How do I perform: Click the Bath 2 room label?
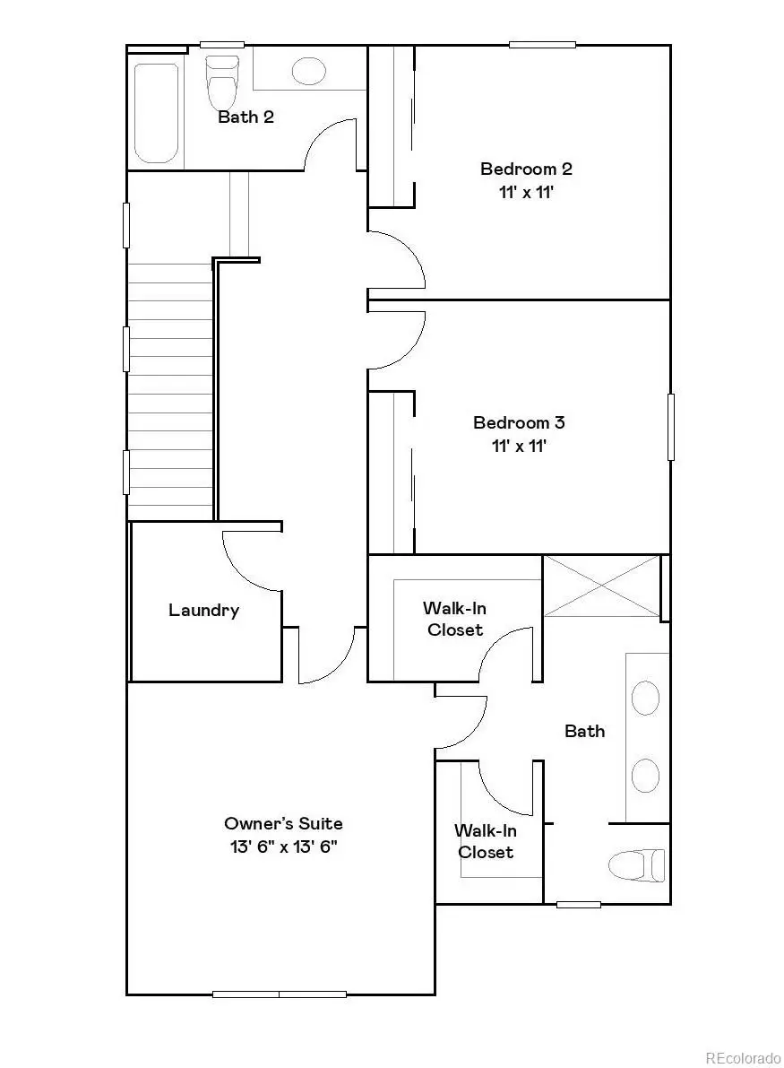(x=246, y=117)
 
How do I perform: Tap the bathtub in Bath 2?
(x=156, y=112)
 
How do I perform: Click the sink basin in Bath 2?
(x=309, y=70)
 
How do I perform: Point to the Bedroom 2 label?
(x=526, y=169)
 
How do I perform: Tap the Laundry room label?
(x=204, y=611)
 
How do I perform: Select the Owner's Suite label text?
(x=283, y=823)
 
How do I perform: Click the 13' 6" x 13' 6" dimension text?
(x=283, y=847)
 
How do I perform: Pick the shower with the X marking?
(x=602, y=586)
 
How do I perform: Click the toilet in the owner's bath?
(x=637, y=865)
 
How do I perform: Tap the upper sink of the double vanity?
(x=645, y=698)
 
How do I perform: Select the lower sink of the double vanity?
(x=645, y=773)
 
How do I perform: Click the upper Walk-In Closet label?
(x=455, y=619)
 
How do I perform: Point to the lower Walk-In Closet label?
(x=486, y=841)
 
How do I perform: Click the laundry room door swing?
(x=246, y=560)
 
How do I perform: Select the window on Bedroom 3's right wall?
(x=670, y=427)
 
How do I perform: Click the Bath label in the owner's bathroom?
(x=584, y=731)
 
